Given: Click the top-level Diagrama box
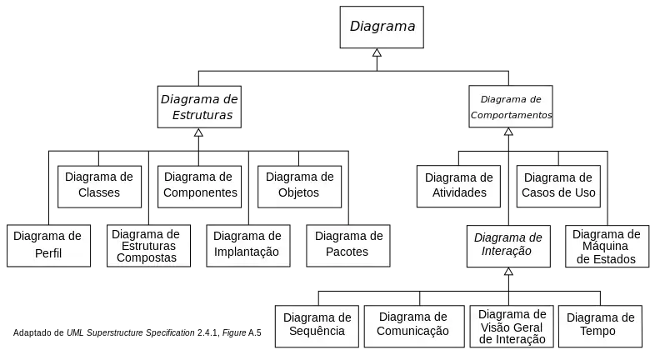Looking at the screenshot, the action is pos(382,27).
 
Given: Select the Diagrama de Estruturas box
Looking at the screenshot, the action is pos(199,107).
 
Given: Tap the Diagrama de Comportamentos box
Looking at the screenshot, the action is pos(511,107).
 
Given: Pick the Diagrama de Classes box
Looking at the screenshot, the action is pos(99,187).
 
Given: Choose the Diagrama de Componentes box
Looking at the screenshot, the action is pos(199,187).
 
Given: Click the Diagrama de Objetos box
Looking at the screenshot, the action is pos(299,187).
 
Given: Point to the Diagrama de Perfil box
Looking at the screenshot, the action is pos(48,246).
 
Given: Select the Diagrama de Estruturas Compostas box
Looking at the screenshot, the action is pos(148,246).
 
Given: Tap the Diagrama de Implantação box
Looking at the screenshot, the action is pos(248,246).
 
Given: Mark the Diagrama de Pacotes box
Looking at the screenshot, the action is pos(348,246).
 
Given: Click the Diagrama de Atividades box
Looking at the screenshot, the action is pos(458,186).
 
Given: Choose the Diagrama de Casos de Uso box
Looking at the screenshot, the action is pos(558,186).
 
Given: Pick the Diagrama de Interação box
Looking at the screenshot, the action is pos(508,247).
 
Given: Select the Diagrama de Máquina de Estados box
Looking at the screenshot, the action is pos(607,247).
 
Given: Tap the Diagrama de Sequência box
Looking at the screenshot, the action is pos(317,327).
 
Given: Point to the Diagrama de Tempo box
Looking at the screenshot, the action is pos(600,327).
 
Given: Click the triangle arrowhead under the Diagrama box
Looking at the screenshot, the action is pos(377,52).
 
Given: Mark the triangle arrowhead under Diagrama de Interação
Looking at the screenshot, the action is pos(508,272).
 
